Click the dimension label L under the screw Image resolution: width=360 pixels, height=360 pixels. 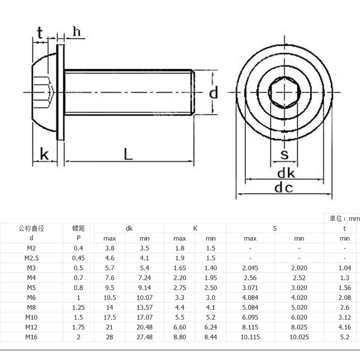click(x=128, y=154)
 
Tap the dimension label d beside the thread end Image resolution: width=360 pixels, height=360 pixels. click(x=214, y=93)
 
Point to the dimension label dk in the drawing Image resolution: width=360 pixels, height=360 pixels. click(x=285, y=173)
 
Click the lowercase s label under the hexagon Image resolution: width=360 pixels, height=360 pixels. click(x=284, y=155)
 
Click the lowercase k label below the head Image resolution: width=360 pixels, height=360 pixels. click(x=44, y=154)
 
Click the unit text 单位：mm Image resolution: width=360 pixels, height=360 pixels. click(x=345, y=218)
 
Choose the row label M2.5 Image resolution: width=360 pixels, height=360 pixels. click(x=31, y=257)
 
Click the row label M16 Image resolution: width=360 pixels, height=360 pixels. click(x=31, y=337)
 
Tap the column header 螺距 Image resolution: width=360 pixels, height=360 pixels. click(x=79, y=228)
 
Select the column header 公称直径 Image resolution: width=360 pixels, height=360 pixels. click(x=31, y=228)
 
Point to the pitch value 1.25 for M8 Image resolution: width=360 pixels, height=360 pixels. click(x=79, y=307)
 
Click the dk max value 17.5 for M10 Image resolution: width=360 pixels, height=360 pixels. click(x=110, y=317)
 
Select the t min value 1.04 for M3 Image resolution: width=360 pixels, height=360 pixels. click(x=345, y=267)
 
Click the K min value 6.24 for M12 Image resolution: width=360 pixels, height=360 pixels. click(x=211, y=327)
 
